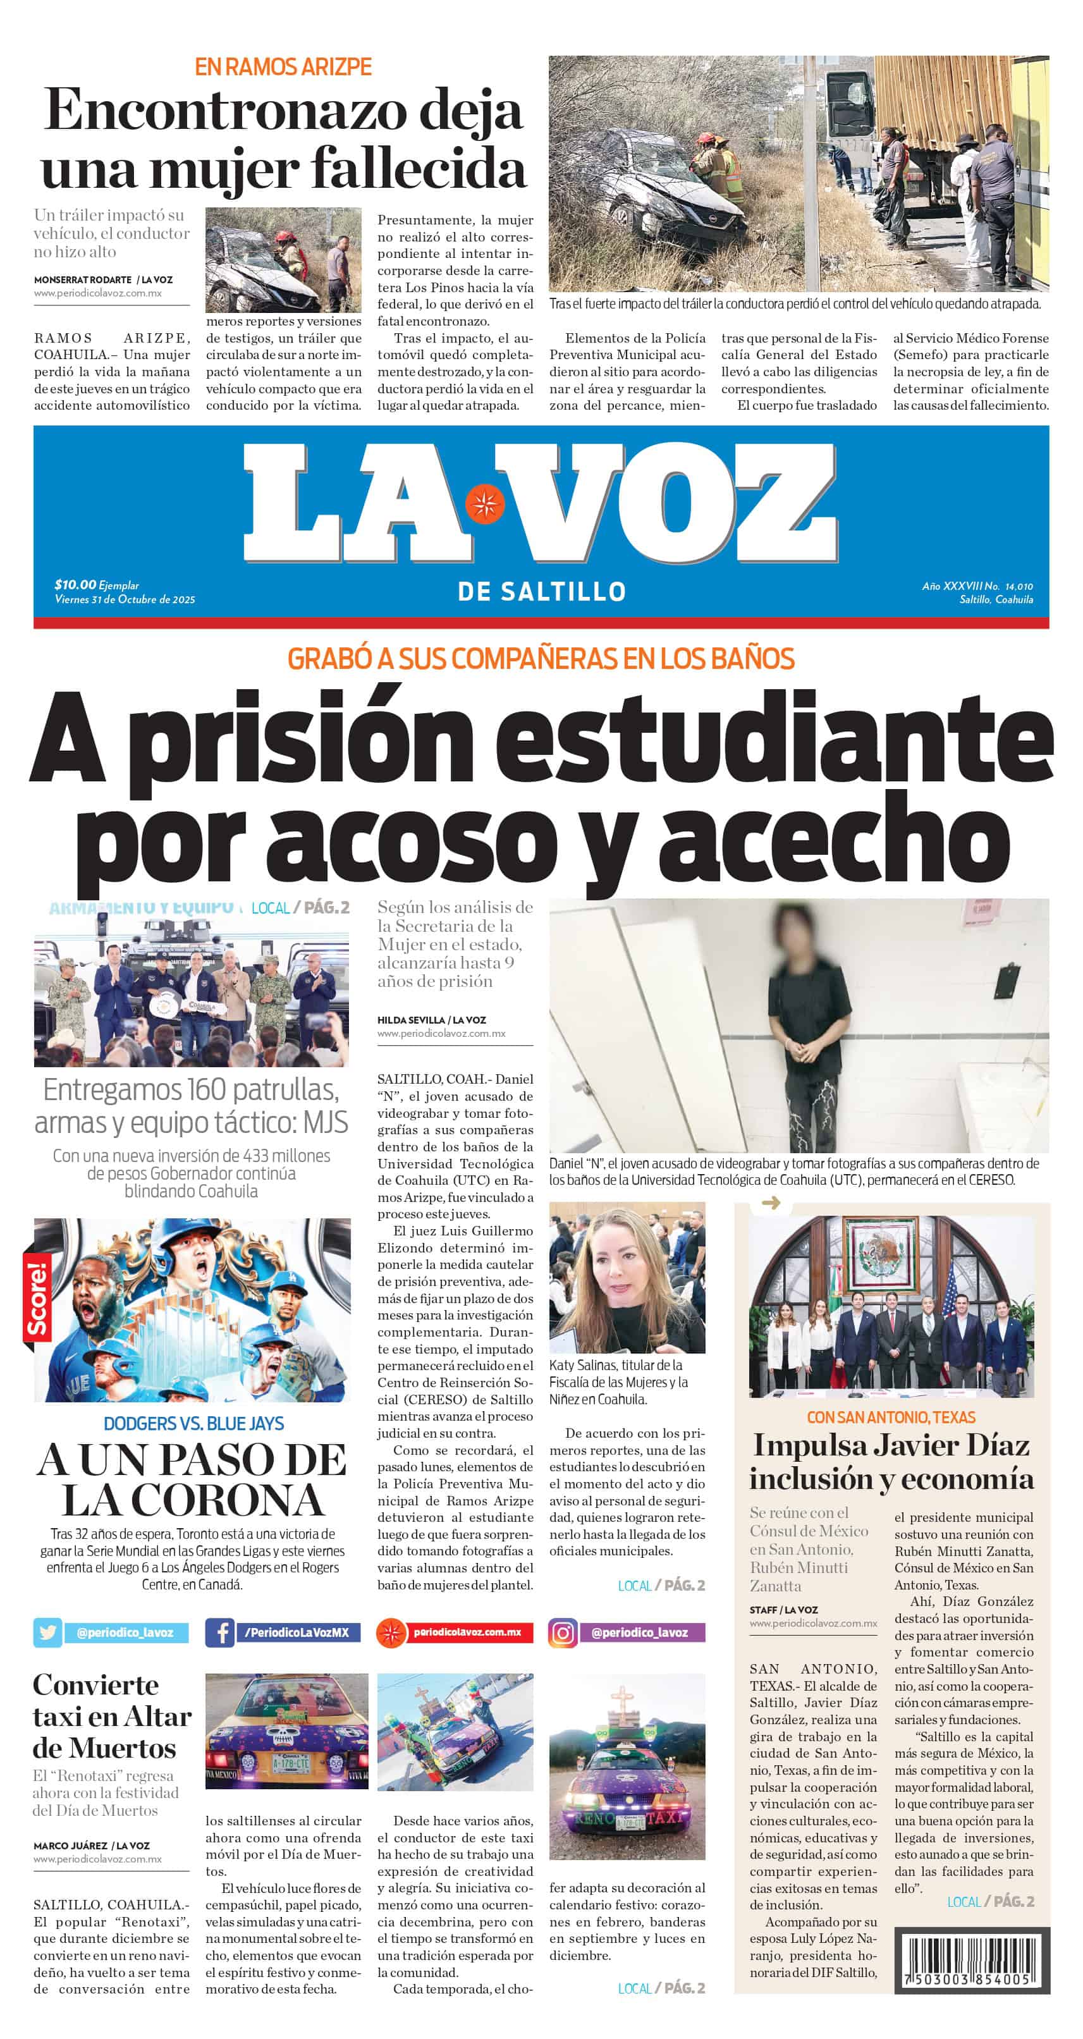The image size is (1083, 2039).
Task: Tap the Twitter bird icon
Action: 47,1632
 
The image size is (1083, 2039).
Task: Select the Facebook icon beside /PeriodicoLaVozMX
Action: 219,1632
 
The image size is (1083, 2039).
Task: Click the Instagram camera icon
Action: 562,1632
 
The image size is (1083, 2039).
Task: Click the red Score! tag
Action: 37,1297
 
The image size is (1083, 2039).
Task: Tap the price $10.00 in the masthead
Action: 75,584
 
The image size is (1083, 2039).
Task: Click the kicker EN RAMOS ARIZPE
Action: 283,67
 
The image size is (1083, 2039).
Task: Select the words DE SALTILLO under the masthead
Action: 541,591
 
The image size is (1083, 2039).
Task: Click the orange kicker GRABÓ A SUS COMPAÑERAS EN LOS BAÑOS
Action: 541,659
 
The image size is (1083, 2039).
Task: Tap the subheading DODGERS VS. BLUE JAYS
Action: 193,1424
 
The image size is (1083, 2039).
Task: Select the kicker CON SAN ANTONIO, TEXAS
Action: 891,1417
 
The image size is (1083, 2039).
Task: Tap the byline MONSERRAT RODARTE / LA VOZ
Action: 103,279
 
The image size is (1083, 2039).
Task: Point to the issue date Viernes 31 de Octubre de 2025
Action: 125,599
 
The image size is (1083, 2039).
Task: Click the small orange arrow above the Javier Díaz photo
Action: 770,1203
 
